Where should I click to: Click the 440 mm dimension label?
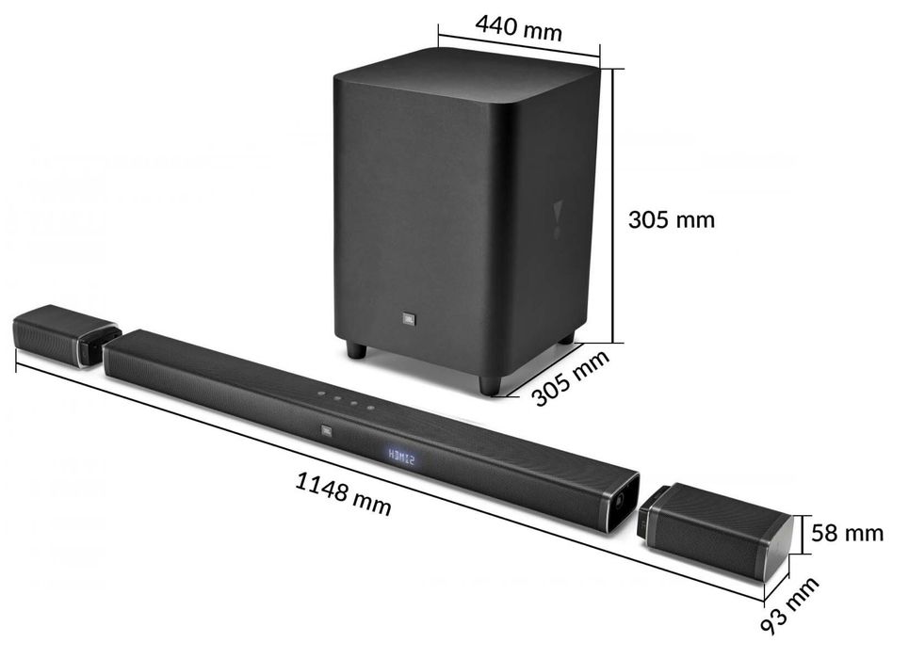(518, 28)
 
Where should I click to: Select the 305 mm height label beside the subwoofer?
(672, 219)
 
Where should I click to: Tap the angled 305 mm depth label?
(571, 378)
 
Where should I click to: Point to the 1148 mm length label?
(343, 493)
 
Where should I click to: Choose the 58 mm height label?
(847, 533)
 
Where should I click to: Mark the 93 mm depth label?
(789, 604)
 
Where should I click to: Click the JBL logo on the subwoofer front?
(408, 318)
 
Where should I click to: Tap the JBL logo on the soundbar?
(327, 430)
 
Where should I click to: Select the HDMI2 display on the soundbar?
(401, 458)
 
